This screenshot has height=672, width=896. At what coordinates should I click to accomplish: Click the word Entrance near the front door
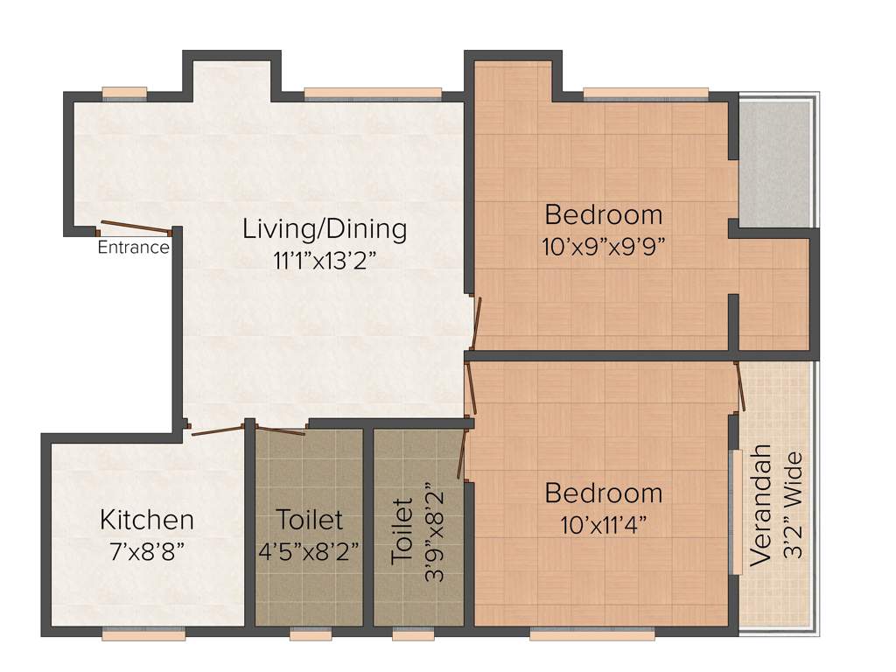point(133,248)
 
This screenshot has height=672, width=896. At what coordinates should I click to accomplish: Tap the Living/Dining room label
point(325,229)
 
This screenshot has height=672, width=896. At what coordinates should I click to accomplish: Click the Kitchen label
point(147,520)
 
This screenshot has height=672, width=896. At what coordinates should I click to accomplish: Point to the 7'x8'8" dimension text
point(147,552)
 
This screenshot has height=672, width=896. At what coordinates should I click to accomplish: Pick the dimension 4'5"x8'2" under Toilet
point(309,552)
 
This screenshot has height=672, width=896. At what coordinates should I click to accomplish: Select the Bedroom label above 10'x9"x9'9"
point(603,214)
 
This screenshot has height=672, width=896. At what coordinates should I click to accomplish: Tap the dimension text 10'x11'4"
point(603,525)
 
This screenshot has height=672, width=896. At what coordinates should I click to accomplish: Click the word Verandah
point(761,507)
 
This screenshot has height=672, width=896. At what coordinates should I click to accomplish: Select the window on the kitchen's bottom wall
point(142,633)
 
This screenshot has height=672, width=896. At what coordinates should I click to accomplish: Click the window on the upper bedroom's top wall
point(646,92)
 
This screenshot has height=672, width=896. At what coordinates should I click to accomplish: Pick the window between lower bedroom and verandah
point(737,511)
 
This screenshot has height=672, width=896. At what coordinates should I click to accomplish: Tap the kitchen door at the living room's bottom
point(217,430)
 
